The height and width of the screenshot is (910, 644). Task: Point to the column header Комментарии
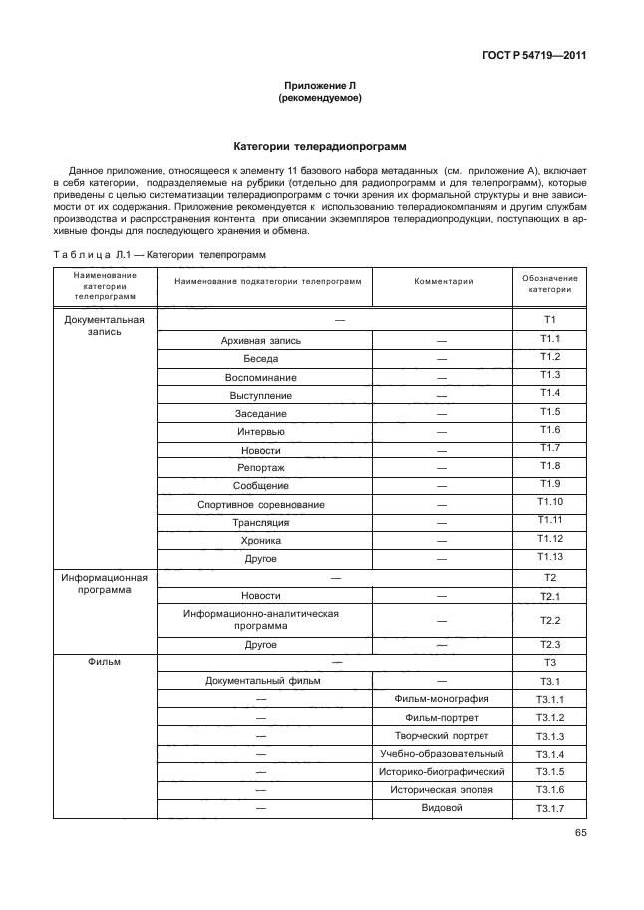tap(443, 282)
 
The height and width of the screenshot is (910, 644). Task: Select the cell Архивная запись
tap(261, 341)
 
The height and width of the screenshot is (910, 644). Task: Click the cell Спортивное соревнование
tap(261, 504)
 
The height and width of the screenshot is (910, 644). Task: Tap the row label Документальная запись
tap(104, 326)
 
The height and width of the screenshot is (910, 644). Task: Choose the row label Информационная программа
tap(104, 583)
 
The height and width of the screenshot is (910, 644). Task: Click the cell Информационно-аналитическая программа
tap(261, 620)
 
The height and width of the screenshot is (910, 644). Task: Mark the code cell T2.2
tap(550, 621)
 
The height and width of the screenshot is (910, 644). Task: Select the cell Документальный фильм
tap(261, 682)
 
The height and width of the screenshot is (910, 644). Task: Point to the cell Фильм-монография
tap(442, 699)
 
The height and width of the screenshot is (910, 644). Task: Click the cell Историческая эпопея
tap(442, 790)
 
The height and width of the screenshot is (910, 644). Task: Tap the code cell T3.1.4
tap(550, 754)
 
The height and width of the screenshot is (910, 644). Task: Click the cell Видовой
tap(442, 808)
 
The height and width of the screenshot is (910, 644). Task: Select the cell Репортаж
tap(261, 467)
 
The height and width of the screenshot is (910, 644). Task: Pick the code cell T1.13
tap(550, 557)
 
